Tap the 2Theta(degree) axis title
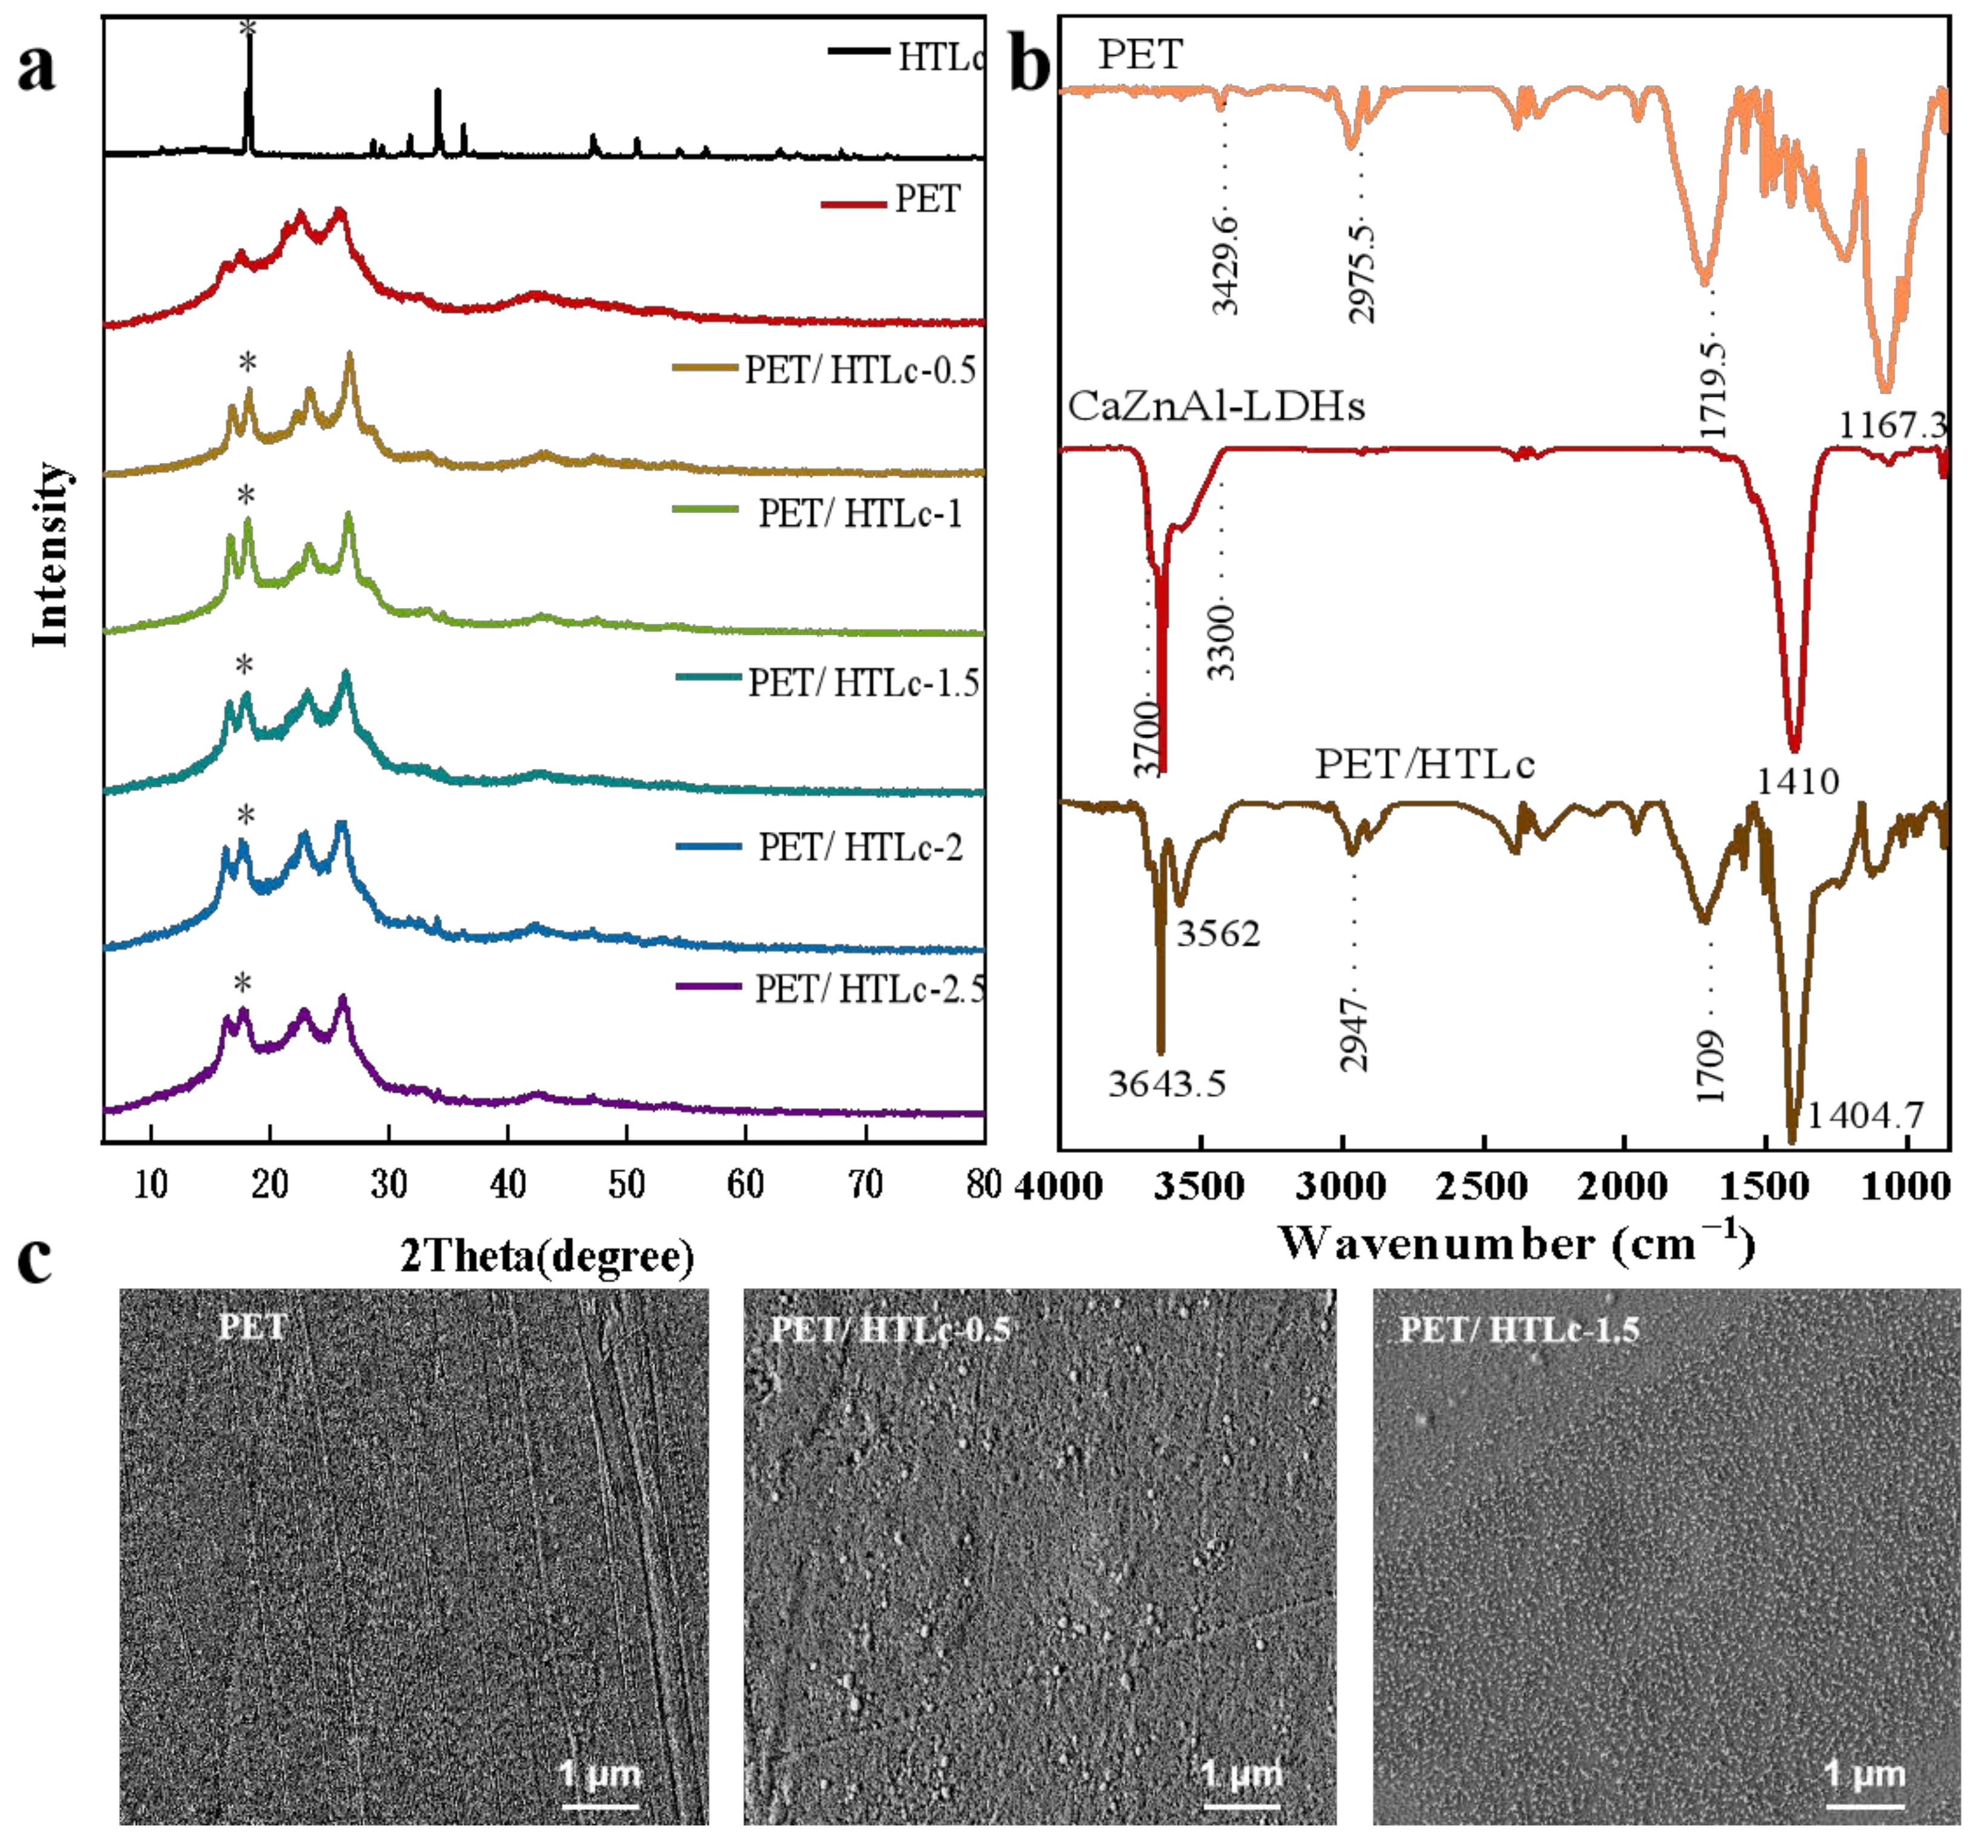(547, 1256)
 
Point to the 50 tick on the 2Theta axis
(626, 1184)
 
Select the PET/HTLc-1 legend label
(860, 513)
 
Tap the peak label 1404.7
(1865, 1115)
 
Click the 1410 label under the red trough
(1797, 781)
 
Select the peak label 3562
(1218, 933)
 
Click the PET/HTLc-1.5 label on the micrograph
(1519, 1329)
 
